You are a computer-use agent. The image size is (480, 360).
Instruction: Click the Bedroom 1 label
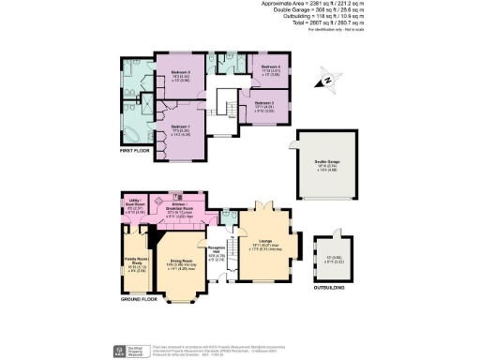[179, 128]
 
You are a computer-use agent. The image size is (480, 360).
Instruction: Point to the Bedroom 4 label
[271, 67]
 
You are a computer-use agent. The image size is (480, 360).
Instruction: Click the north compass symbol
[327, 78]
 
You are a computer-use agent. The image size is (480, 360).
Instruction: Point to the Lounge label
[262, 241]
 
